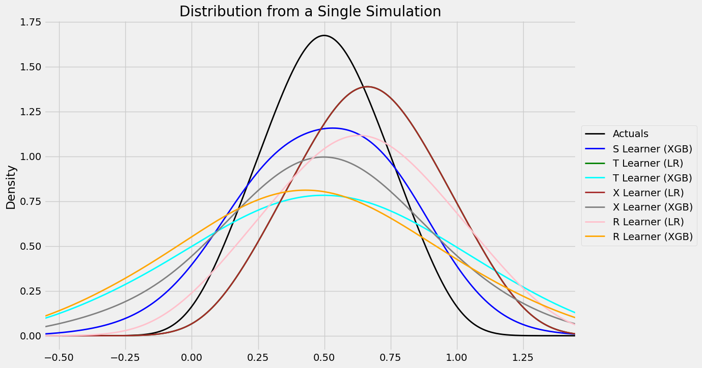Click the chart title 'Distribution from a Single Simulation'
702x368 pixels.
pos(310,11)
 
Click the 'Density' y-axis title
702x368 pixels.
pos(11,187)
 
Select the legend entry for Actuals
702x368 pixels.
pos(630,134)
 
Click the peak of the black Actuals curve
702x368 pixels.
pos(324,35)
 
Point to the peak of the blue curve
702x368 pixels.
pos(333,128)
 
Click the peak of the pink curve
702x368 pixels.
pos(360,135)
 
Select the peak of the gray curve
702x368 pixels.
pos(324,157)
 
